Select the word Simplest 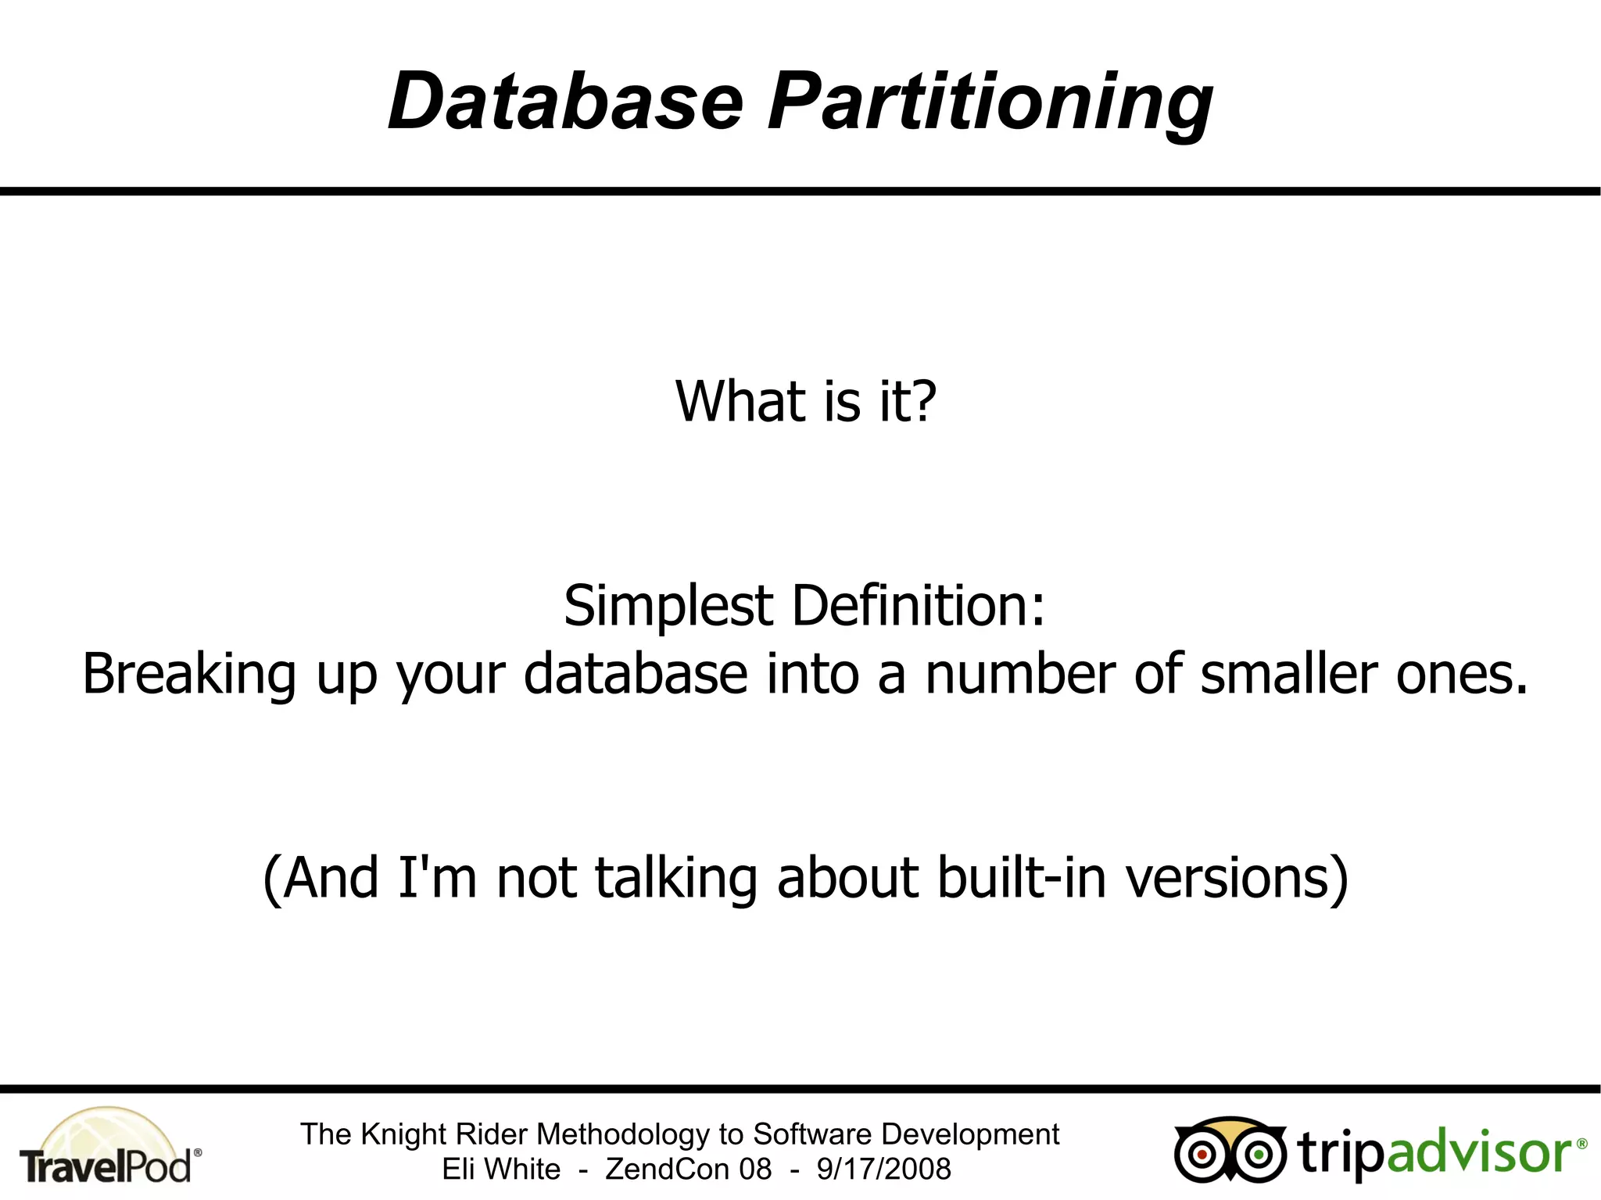tap(668, 607)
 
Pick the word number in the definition tap(1020, 674)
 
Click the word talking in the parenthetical tap(676, 878)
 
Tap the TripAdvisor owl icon tap(1229, 1151)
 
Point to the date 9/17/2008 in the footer tap(883, 1170)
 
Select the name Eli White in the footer tap(501, 1170)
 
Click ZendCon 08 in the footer tap(688, 1170)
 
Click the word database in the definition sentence tap(636, 674)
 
